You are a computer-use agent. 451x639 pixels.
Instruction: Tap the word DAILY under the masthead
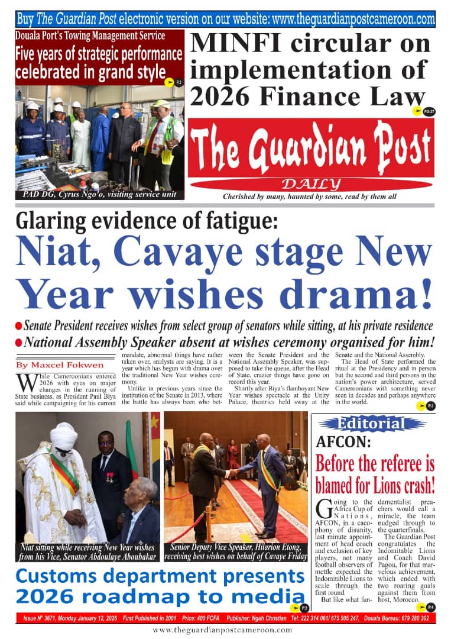point(311,184)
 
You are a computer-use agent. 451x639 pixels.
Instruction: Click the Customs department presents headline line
point(160,576)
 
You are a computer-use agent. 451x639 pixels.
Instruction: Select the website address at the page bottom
point(222,630)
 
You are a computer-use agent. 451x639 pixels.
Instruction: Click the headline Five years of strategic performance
point(99,54)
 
